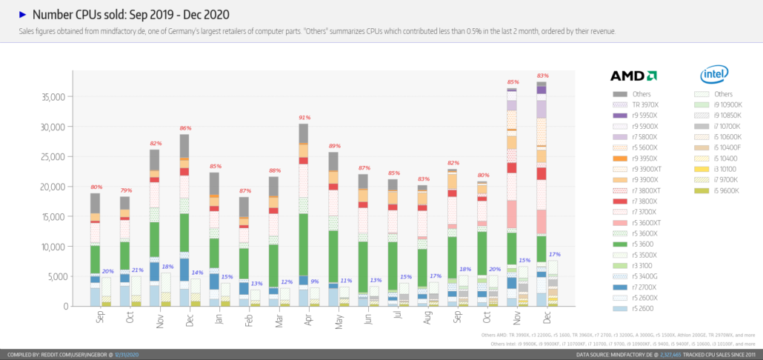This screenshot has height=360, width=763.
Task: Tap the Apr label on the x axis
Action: coord(308,318)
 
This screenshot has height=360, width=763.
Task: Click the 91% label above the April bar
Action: coord(304,117)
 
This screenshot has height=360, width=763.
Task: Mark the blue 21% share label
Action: coord(137,270)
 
